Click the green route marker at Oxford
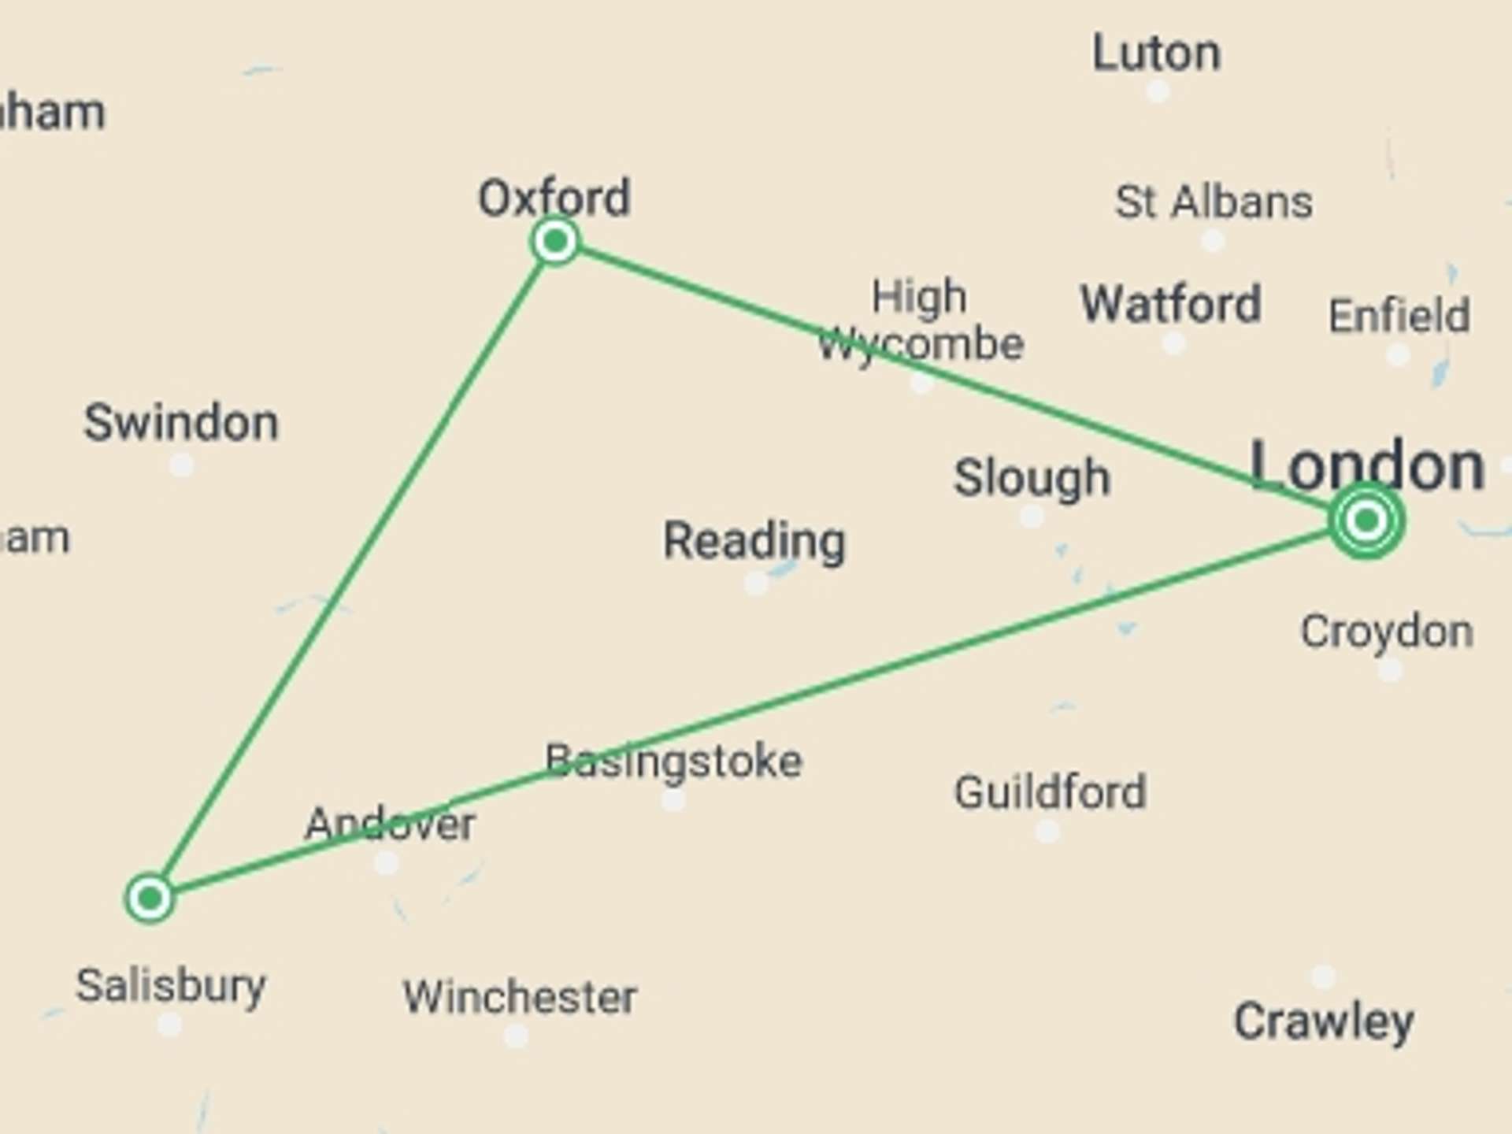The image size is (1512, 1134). tap(555, 241)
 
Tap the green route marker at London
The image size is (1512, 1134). tap(1366, 520)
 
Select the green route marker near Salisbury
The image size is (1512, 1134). tap(150, 898)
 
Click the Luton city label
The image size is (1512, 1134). tap(1156, 54)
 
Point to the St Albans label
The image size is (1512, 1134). tap(1214, 202)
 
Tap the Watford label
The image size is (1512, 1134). tap(1171, 304)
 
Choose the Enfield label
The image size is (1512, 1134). tap(1399, 316)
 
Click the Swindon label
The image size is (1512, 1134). tap(181, 422)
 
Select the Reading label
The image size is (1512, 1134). tap(754, 540)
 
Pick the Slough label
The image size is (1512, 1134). tap(1032, 477)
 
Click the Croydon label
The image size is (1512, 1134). tap(1387, 632)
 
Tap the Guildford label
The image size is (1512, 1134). tap(1050, 791)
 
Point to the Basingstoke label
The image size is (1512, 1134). tap(674, 761)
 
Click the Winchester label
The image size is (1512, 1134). tap(520, 997)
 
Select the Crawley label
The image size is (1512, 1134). tap(1323, 1021)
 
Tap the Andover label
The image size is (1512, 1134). tap(390, 824)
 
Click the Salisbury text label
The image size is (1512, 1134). tap(171, 985)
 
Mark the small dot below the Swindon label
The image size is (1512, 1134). tap(182, 465)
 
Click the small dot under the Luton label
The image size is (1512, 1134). tap(1157, 91)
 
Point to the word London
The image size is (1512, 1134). tap(1367, 466)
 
